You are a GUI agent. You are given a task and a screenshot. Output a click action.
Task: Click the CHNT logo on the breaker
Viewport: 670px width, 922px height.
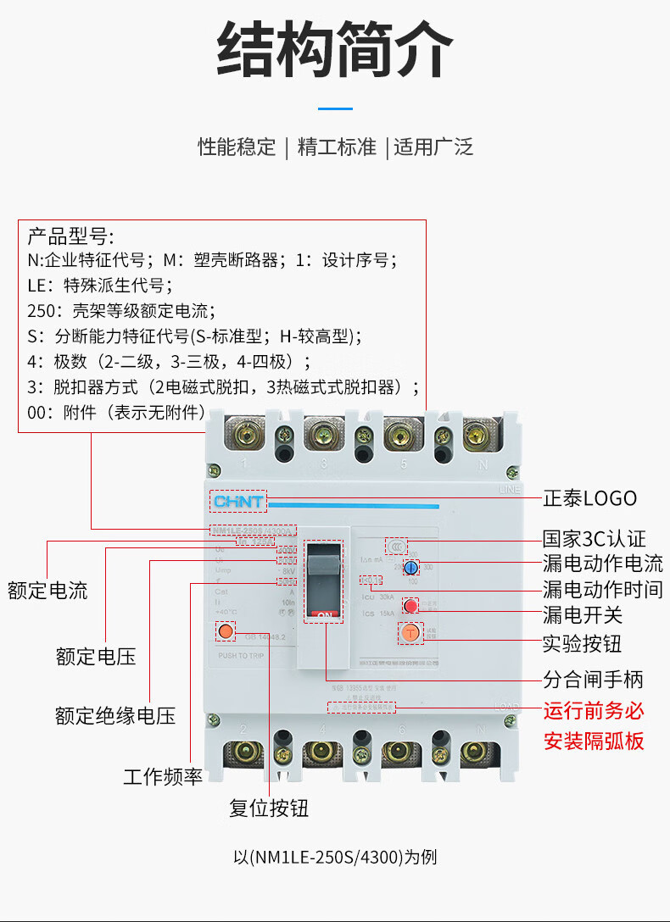[x=237, y=502]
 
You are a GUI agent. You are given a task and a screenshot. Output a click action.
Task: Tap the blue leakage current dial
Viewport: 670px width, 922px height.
[x=410, y=568]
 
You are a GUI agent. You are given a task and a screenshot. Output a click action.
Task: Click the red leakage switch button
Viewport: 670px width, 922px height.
[x=410, y=606]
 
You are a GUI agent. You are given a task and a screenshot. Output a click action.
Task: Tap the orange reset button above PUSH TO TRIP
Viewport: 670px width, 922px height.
[x=226, y=631]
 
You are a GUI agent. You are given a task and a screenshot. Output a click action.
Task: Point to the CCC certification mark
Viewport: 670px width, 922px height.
[x=396, y=546]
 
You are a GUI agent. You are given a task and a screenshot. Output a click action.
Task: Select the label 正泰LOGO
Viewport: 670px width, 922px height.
[x=589, y=498]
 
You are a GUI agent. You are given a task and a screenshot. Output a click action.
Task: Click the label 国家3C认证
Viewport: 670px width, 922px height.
[x=594, y=539]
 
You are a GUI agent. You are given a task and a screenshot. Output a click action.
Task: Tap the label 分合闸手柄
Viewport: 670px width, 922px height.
[x=593, y=679]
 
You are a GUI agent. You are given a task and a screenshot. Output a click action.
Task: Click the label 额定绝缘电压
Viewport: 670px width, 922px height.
[x=115, y=715]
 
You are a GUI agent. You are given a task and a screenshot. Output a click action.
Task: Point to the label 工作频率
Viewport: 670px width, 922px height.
[x=163, y=776]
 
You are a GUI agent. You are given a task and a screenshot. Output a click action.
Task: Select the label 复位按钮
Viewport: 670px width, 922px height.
[x=269, y=808]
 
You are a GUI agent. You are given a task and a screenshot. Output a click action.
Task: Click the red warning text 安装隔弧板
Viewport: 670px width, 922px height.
[x=594, y=741]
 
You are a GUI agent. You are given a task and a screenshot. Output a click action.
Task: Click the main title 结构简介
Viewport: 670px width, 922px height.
[x=335, y=50]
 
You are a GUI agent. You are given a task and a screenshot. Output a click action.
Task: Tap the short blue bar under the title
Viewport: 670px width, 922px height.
[x=335, y=108]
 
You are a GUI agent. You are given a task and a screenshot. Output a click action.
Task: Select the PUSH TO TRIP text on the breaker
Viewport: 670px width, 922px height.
[x=242, y=656]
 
